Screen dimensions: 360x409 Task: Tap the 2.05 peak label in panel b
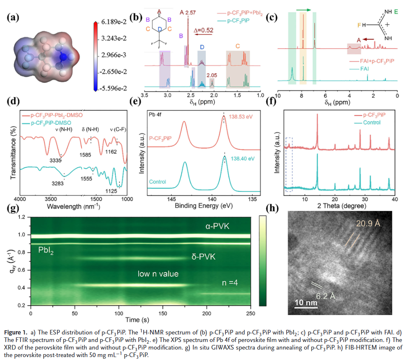coord(212,75)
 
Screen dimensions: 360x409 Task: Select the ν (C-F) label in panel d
coord(117,129)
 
